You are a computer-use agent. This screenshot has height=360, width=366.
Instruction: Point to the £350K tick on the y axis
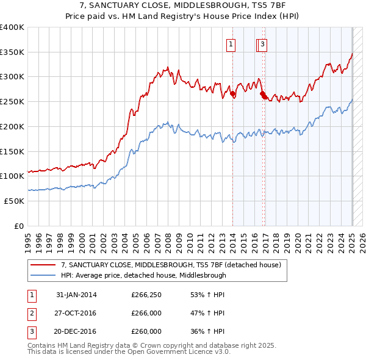pos(12,52)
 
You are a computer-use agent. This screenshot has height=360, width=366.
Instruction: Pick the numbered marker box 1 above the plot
pos(232,43)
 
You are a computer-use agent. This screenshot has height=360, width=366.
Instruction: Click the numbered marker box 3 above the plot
pos(262,43)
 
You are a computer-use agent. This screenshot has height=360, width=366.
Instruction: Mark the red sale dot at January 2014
pos(233,94)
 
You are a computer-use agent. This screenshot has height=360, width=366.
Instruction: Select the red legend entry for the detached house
pos(170,265)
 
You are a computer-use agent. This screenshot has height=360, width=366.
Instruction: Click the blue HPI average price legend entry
pos(143,275)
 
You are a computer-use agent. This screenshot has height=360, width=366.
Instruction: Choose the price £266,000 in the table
pos(146,313)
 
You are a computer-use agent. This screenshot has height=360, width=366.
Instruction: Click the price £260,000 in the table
pos(146,331)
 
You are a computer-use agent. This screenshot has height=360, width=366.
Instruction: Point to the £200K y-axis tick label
pos(12,126)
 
